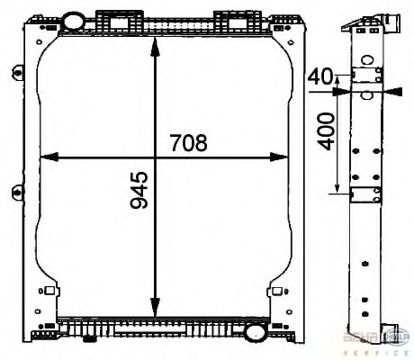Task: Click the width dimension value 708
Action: (x=188, y=142)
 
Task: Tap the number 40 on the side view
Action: (x=319, y=76)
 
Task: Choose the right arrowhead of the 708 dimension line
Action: (x=283, y=157)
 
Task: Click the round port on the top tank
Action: (x=76, y=19)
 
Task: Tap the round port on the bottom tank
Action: (x=254, y=332)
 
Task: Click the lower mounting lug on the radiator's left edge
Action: (x=18, y=191)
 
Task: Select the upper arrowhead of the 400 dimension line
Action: (x=337, y=92)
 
